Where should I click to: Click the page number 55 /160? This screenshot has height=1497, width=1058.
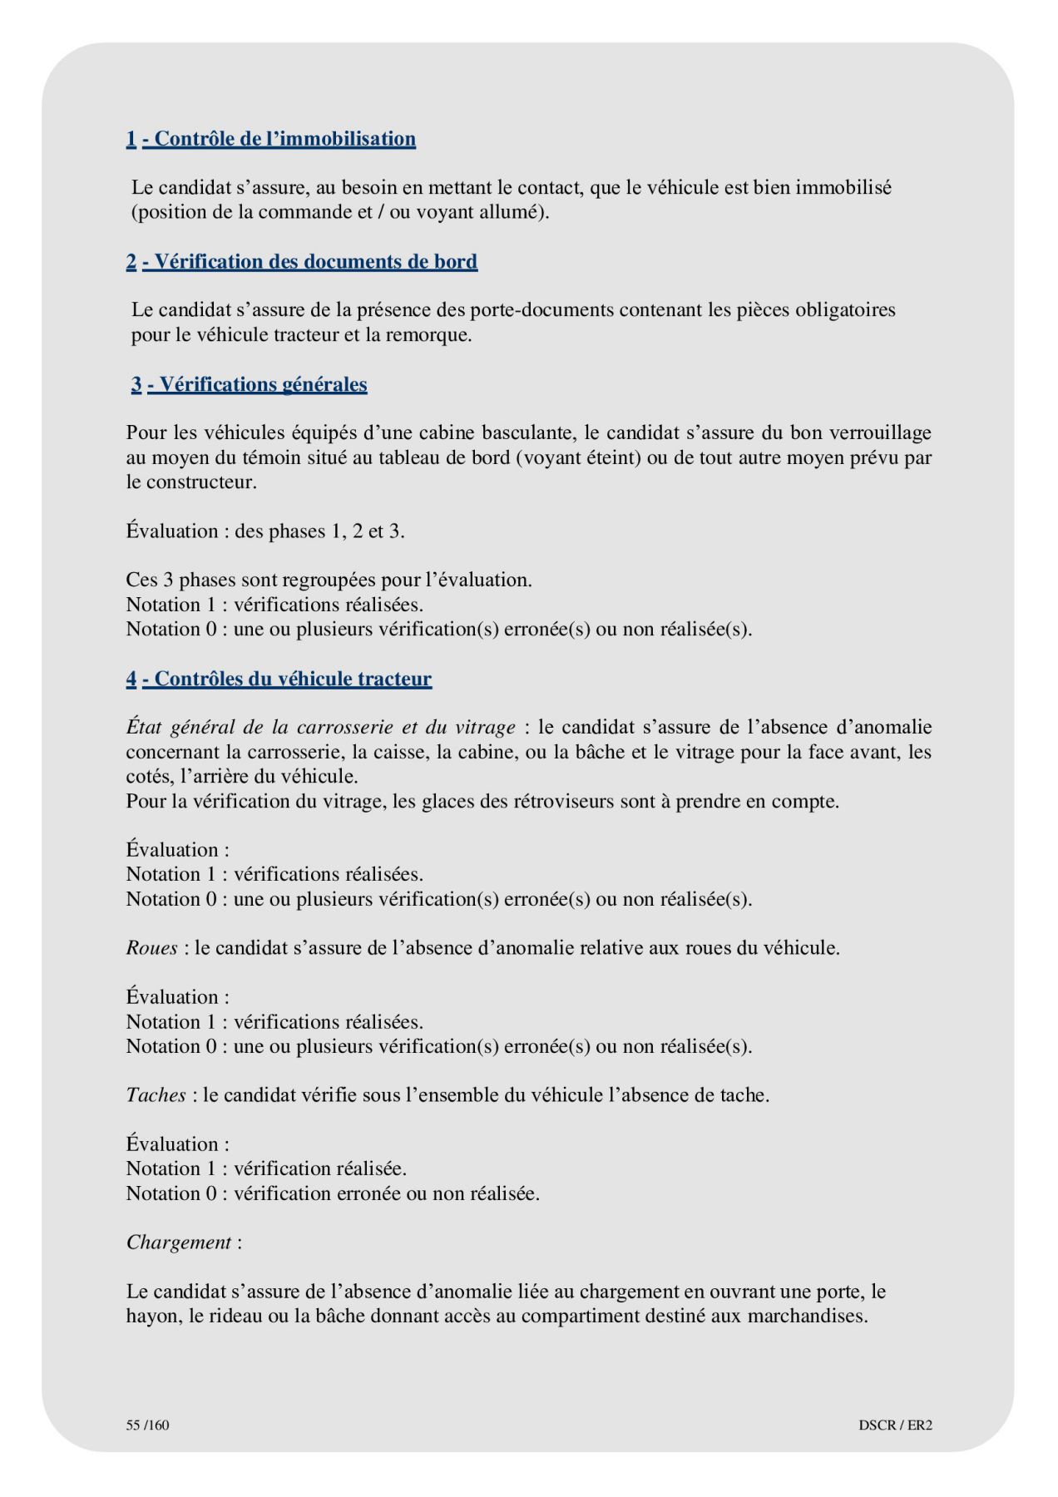147,1425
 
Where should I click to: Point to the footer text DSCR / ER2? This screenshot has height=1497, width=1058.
895,1425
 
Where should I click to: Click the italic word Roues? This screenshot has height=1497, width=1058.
151,948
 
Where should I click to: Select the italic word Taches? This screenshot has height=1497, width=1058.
156,1095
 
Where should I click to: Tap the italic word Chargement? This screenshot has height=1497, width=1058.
179,1243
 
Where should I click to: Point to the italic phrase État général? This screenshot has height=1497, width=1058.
179,728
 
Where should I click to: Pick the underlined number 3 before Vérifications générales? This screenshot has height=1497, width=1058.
136,384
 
